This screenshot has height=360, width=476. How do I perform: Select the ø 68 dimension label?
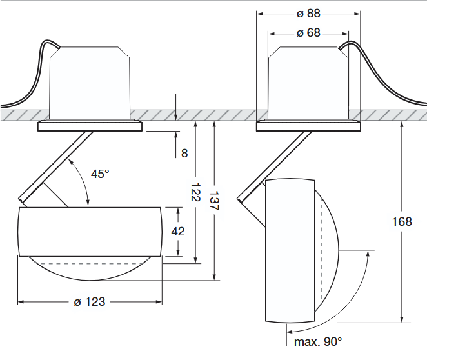coord(308,32)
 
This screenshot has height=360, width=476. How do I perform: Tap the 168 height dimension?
coord(401,221)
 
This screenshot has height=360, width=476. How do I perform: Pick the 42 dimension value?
coord(177,231)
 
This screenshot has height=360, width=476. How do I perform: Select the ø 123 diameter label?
coord(90,301)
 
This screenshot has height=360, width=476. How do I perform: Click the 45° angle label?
coord(100,174)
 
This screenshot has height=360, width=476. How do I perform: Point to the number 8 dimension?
coord(184,153)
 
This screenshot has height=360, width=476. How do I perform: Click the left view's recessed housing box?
coord(90,81)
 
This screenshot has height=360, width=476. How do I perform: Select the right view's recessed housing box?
coord(308,81)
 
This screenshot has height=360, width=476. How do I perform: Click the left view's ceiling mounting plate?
coord(90,126)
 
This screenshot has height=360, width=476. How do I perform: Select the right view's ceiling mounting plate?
coord(308,126)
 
